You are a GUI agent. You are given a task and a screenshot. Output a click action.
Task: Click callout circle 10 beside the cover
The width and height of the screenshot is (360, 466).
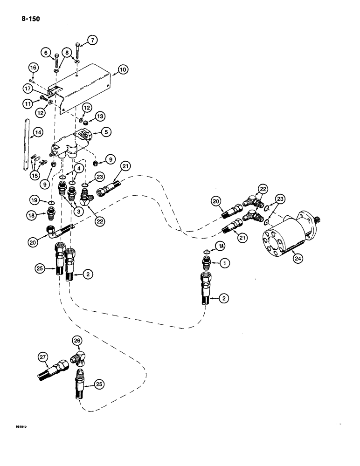(x=123, y=70)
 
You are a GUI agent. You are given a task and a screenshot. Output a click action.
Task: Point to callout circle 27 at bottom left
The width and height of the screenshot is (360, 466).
(x=43, y=357)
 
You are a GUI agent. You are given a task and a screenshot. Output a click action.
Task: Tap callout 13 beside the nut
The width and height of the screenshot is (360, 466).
(x=100, y=116)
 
